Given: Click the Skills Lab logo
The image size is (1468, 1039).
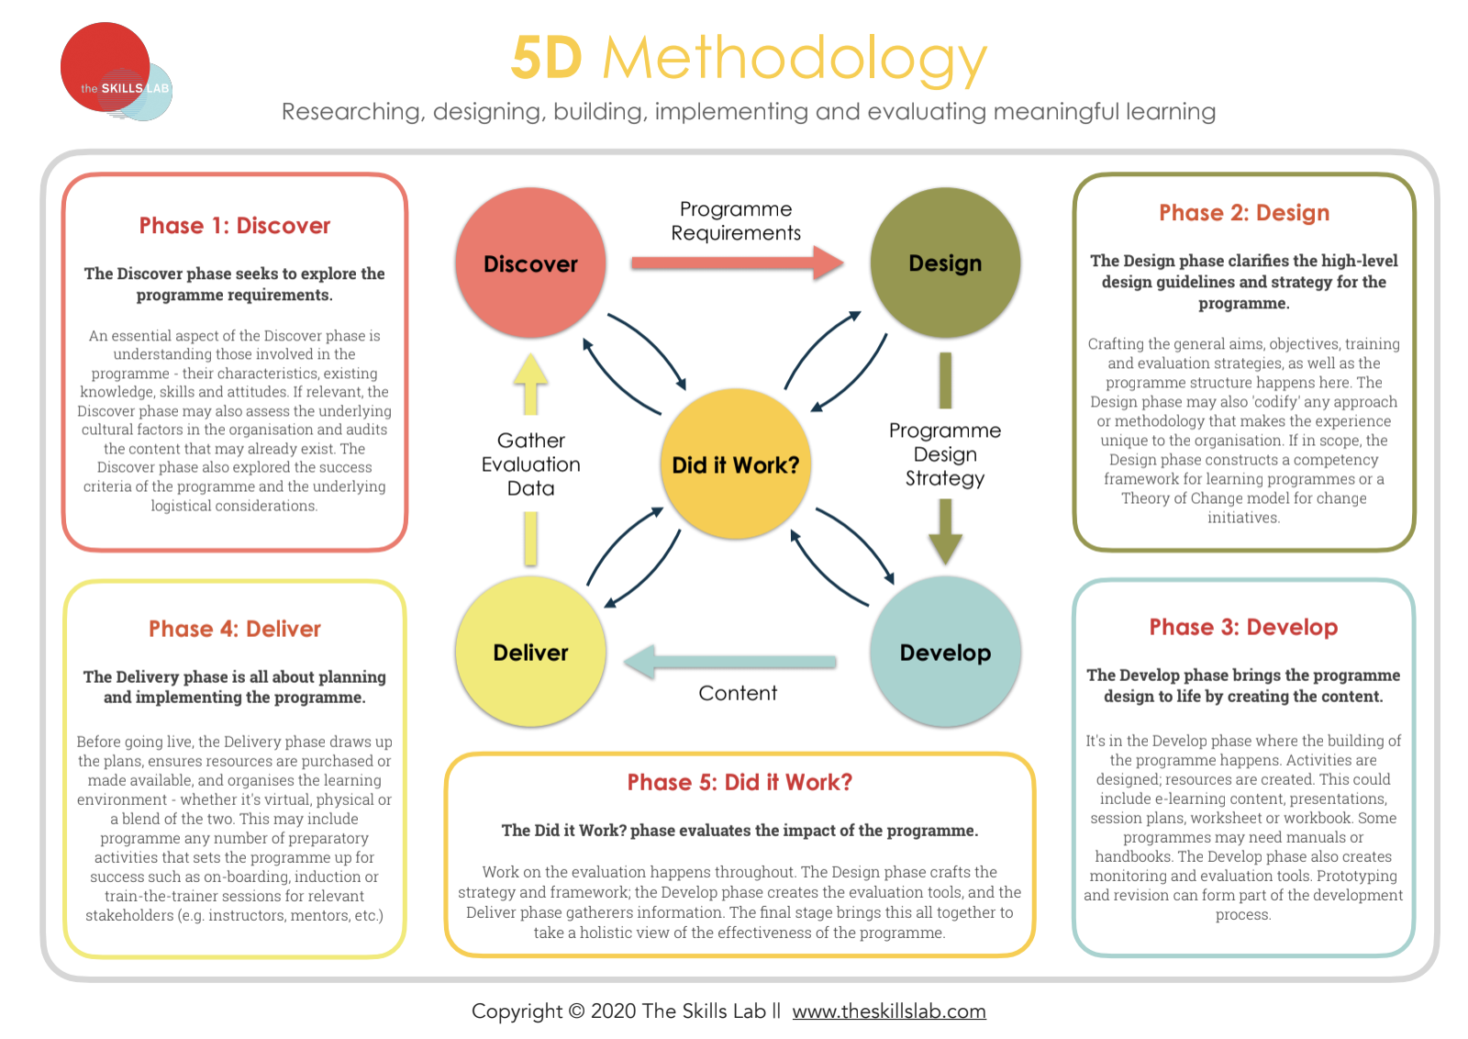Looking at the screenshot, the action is pos(116,72).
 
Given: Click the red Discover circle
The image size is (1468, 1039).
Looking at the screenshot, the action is pos(530,263).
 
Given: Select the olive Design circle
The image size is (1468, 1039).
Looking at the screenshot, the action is pos(945,263).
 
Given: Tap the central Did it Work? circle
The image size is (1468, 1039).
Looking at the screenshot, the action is pos(735,464).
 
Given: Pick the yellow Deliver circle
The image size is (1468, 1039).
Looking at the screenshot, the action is pos(530,652).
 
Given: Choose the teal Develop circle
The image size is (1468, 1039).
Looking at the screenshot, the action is pos(945,652).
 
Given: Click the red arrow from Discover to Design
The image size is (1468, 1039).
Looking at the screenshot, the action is pos(738,263).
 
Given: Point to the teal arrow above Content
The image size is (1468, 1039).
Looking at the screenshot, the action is pos(729,662).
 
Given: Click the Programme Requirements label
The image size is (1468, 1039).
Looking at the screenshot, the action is pos(736,221).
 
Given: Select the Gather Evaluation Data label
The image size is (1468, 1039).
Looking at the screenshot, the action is pos(531,464).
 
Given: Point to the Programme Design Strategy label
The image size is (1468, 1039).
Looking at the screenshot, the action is pos(945,454).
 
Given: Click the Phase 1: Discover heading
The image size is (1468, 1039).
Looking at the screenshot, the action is pos(235,226).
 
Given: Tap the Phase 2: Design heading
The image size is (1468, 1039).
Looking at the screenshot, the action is pos(1244,213).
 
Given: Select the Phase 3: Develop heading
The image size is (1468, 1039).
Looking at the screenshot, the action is pos(1243,627).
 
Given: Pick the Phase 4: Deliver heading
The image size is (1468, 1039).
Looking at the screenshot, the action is pos(235,629).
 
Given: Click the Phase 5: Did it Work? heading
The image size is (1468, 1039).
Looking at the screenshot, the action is pos(740,782).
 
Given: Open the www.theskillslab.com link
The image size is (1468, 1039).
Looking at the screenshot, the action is pos(889,1011).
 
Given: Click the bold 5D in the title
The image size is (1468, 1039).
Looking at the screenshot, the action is pos(547,58).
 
